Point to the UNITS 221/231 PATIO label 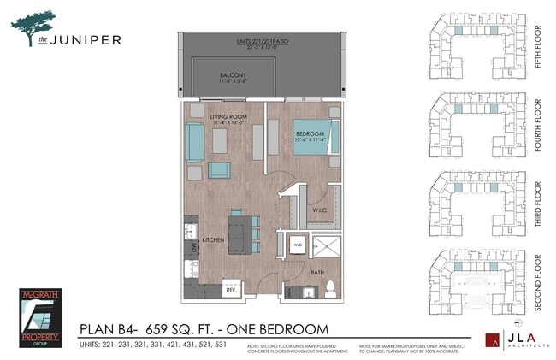(x=265, y=43)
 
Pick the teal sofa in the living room (x=194, y=143)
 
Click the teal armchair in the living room (x=219, y=169)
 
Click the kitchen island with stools (x=243, y=230)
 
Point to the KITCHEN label (x=213, y=240)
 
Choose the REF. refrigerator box (x=231, y=290)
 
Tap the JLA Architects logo (x=517, y=339)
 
